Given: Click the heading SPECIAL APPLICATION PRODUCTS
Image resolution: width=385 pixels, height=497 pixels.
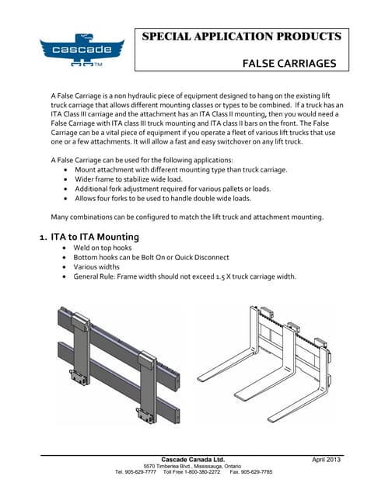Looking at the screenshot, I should [x=242, y=36].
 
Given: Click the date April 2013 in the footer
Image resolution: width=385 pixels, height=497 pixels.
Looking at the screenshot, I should [x=327, y=461].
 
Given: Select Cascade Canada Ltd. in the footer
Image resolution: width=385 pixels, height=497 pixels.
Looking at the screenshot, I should [x=192, y=460].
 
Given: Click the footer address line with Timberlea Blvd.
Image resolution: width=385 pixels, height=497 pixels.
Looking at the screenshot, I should [x=192, y=466].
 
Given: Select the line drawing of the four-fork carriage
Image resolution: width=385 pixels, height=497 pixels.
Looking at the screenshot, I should [x=272, y=357].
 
